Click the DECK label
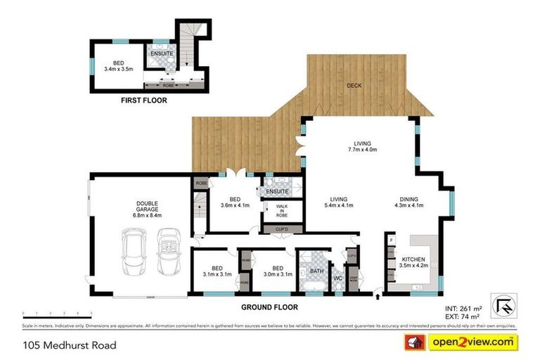[x=354, y=86]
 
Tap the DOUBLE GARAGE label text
[x=148, y=209]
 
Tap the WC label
[x=337, y=278]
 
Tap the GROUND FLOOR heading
[x=270, y=307]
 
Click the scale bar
[x=57, y=311]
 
